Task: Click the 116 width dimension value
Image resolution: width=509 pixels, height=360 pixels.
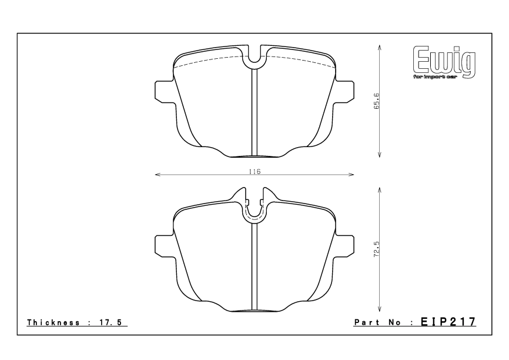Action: [254, 171]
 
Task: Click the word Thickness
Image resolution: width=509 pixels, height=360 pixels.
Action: [55, 324]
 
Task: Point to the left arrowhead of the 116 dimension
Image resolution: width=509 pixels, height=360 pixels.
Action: [156, 175]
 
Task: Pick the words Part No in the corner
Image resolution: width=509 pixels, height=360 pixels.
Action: [376, 324]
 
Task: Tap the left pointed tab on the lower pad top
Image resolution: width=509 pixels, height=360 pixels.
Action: [240, 194]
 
